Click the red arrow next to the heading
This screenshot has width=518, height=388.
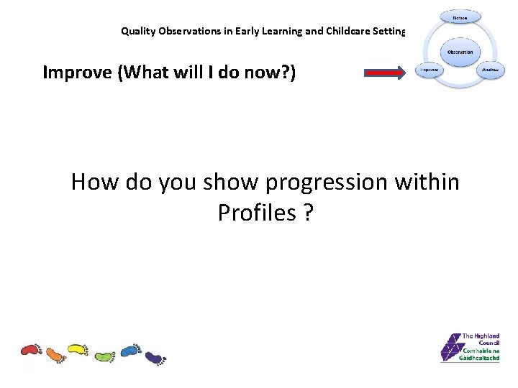[386, 72]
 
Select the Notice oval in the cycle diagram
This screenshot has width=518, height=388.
[460, 18]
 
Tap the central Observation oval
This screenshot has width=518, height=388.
[460, 52]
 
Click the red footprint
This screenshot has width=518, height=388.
[31, 350]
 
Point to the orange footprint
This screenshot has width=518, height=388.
[55, 354]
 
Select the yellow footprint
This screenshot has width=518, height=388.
[78, 350]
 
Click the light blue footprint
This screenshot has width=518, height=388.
[130, 350]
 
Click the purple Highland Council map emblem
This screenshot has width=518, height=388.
[450, 348]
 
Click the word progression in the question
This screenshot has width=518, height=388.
[327, 183]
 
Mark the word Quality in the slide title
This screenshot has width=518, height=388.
[137, 31]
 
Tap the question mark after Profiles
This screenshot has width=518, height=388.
[308, 213]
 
